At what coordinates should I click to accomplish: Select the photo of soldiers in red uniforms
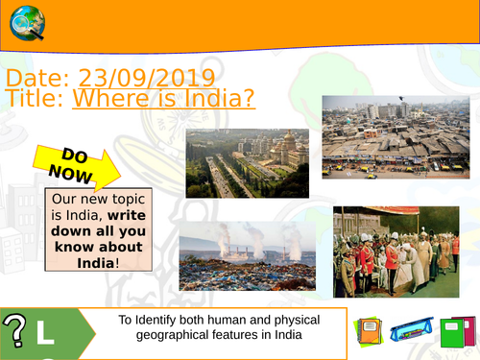click(x=396, y=252)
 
